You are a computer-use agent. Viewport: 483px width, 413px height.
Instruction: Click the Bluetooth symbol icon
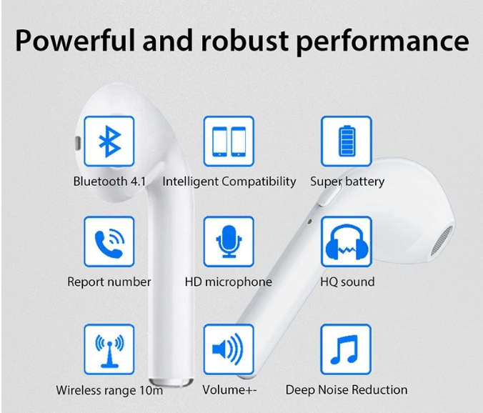(x=109, y=141)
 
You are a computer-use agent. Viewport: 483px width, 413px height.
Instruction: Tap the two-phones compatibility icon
(x=229, y=141)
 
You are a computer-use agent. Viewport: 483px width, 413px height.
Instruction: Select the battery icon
(x=347, y=141)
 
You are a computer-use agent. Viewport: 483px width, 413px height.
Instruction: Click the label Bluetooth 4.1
(x=109, y=181)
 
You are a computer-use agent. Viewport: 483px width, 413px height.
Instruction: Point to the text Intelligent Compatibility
(x=229, y=181)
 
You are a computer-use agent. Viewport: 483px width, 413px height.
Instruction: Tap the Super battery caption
(x=347, y=181)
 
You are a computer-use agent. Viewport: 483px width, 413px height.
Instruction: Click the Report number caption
(x=109, y=282)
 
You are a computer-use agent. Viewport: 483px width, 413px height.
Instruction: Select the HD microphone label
(x=229, y=282)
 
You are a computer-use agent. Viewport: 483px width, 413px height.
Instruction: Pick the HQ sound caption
(x=347, y=282)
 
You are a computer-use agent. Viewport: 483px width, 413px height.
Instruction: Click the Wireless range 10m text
(x=109, y=390)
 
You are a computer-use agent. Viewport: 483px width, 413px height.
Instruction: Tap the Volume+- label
(x=229, y=390)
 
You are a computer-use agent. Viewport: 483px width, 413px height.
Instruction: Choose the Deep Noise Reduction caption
(x=347, y=390)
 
